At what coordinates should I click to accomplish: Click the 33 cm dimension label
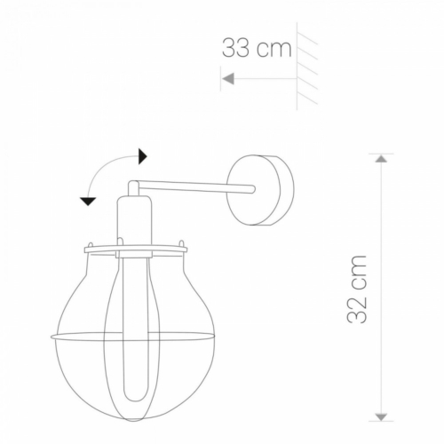click(x=257, y=48)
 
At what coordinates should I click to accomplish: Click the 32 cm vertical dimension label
click(x=357, y=289)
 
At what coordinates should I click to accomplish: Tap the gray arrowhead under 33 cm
click(x=228, y=79)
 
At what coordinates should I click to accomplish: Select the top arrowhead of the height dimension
click(x=381, y=158)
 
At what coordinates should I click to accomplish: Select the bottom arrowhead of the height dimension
click(x=381, y=416)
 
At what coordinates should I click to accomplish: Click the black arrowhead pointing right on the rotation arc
click(x=143, y=156)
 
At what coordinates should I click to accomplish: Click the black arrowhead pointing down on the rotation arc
click(x=88, y=202)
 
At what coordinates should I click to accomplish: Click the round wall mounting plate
click(x=260, y=190)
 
